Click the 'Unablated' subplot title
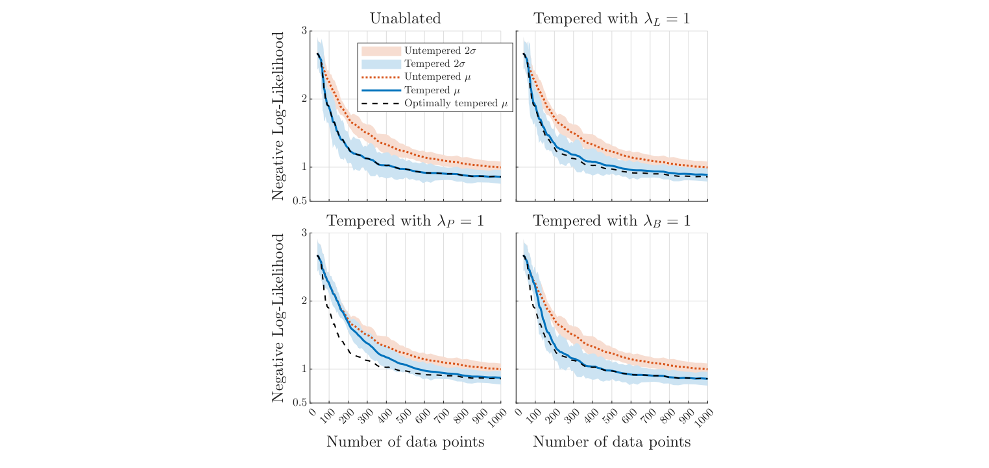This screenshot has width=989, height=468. (405, 19)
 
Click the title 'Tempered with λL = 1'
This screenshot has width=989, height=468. (611, 19)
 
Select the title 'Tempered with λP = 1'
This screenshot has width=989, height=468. (405, 221)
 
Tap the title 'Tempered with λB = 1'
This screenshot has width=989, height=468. (611, 221)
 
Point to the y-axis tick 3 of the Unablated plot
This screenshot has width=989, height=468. (304, 30)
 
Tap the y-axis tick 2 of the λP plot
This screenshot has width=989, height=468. (304, 301)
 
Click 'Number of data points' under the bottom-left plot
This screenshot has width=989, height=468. (405, 442)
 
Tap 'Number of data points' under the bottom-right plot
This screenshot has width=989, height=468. (611, 442)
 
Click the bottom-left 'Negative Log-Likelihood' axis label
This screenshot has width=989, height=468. (278, 318)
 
